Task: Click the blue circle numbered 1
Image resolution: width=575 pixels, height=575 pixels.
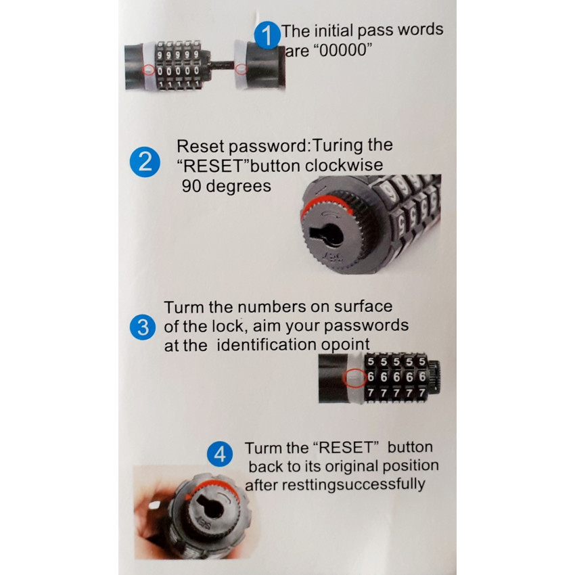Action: [x=268, y=35]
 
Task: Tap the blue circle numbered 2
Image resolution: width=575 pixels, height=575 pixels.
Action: [x=145, y=162]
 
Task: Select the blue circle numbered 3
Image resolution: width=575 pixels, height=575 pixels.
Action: [x=143, y=327]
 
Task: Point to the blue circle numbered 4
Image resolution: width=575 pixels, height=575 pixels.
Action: [x=220, y=454]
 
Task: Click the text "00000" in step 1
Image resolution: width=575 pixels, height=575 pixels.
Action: [x=343, y=50]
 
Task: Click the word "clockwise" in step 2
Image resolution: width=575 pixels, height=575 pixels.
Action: [x=344, y=165]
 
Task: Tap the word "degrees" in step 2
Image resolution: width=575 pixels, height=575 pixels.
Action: [x=238, y=186]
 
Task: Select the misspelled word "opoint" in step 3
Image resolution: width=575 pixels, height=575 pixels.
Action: [x=346, y=344]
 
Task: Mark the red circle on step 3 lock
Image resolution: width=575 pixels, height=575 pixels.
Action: [x=354, y=377]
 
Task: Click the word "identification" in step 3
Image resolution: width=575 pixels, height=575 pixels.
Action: [x=267, y=344]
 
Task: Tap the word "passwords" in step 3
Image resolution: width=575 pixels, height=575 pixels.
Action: [x=366, y=325]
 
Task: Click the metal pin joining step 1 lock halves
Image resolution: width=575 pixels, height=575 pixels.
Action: [x=222, y=65]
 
